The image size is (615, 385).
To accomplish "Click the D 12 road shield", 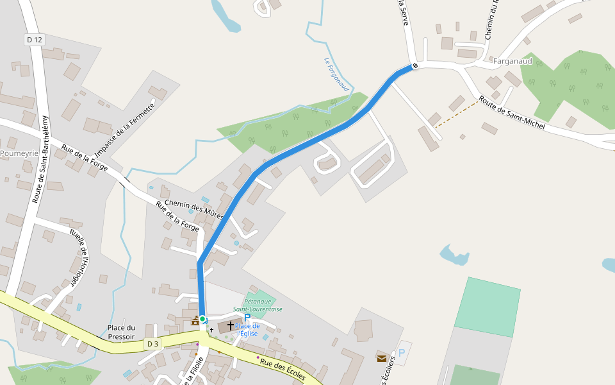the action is click(35, 40).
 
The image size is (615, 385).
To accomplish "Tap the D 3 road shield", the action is click(152, 344).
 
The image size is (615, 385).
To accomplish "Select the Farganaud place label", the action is click(513, 61).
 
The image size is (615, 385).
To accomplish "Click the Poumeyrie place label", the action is click(19, 153).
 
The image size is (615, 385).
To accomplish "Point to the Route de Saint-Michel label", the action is click(512, 114).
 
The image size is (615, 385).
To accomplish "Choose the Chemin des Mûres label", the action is click(194, 209).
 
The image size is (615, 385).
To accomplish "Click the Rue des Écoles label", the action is click(283, 371).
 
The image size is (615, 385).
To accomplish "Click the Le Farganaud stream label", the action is click(336, 74).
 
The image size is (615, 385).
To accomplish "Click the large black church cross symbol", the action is click(231, 327).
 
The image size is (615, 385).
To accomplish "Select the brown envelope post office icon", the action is click(382, 358).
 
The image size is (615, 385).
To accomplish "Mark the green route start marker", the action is click(202, 319).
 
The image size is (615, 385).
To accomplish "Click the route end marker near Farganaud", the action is click(415, 65).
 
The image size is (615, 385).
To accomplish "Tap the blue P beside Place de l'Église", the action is click(247, 318).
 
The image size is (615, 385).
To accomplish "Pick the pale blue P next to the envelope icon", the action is click(402, 353).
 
